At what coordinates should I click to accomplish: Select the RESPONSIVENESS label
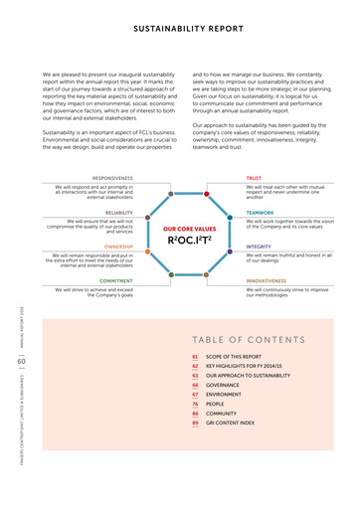click(x=111, y=178)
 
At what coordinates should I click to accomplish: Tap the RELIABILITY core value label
click(x=118, y=212)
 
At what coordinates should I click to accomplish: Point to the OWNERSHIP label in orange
click(x=118, y=246)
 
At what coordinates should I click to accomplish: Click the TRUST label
click(x=254, y=178)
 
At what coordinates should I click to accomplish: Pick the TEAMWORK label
click(x=260, y=212)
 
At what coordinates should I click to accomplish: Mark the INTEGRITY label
click(x=259, y=246)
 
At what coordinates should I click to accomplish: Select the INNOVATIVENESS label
click(x=266, y=280)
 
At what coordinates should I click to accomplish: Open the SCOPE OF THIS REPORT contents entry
click(x=234, y=356)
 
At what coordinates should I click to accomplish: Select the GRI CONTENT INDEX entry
click(x=230, y=422)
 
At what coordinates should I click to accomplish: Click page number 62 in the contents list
click(x=195, y=366)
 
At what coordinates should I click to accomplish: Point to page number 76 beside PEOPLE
click(x=195, y=403)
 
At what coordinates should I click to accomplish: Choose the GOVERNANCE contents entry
click(x=224, y=384)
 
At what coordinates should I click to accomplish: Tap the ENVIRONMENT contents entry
click(x=225, y=394)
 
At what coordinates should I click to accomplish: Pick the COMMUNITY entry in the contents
click(x=223, y=413)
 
